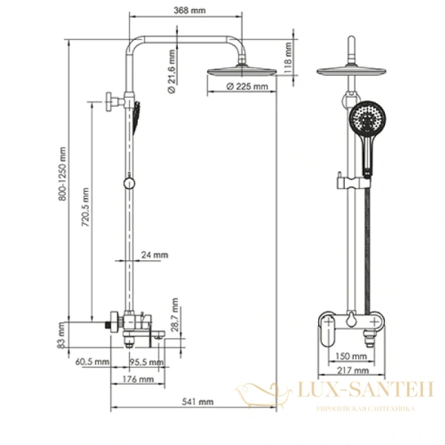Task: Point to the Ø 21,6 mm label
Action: [x=171, y=71]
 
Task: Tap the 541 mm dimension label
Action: [x=199, y=401]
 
